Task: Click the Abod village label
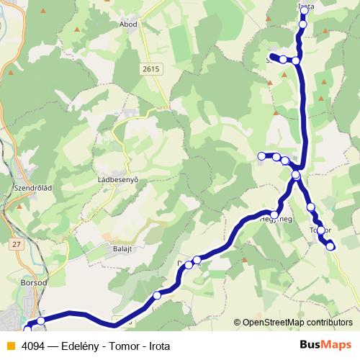pyautogui.click(x=129, y=24)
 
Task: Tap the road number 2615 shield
pyautogui.click(x=151, y=68)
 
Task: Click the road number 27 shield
pyautogui.click(x=17, y=245)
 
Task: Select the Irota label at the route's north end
pyautogui.click(x=305, y=6)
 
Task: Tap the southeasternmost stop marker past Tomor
pyautogui.click(x=330, y=246)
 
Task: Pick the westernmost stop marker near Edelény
pyautogui.click(x=28, y=329)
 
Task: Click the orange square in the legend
pyautogui.click(x=10, y=345)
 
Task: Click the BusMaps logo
pyautogui.click(x=325, y=345)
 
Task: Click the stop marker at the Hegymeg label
pyautogui.click(x=274, y=215)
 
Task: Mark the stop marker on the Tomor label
pyautogui.click(x=321, y=231)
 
